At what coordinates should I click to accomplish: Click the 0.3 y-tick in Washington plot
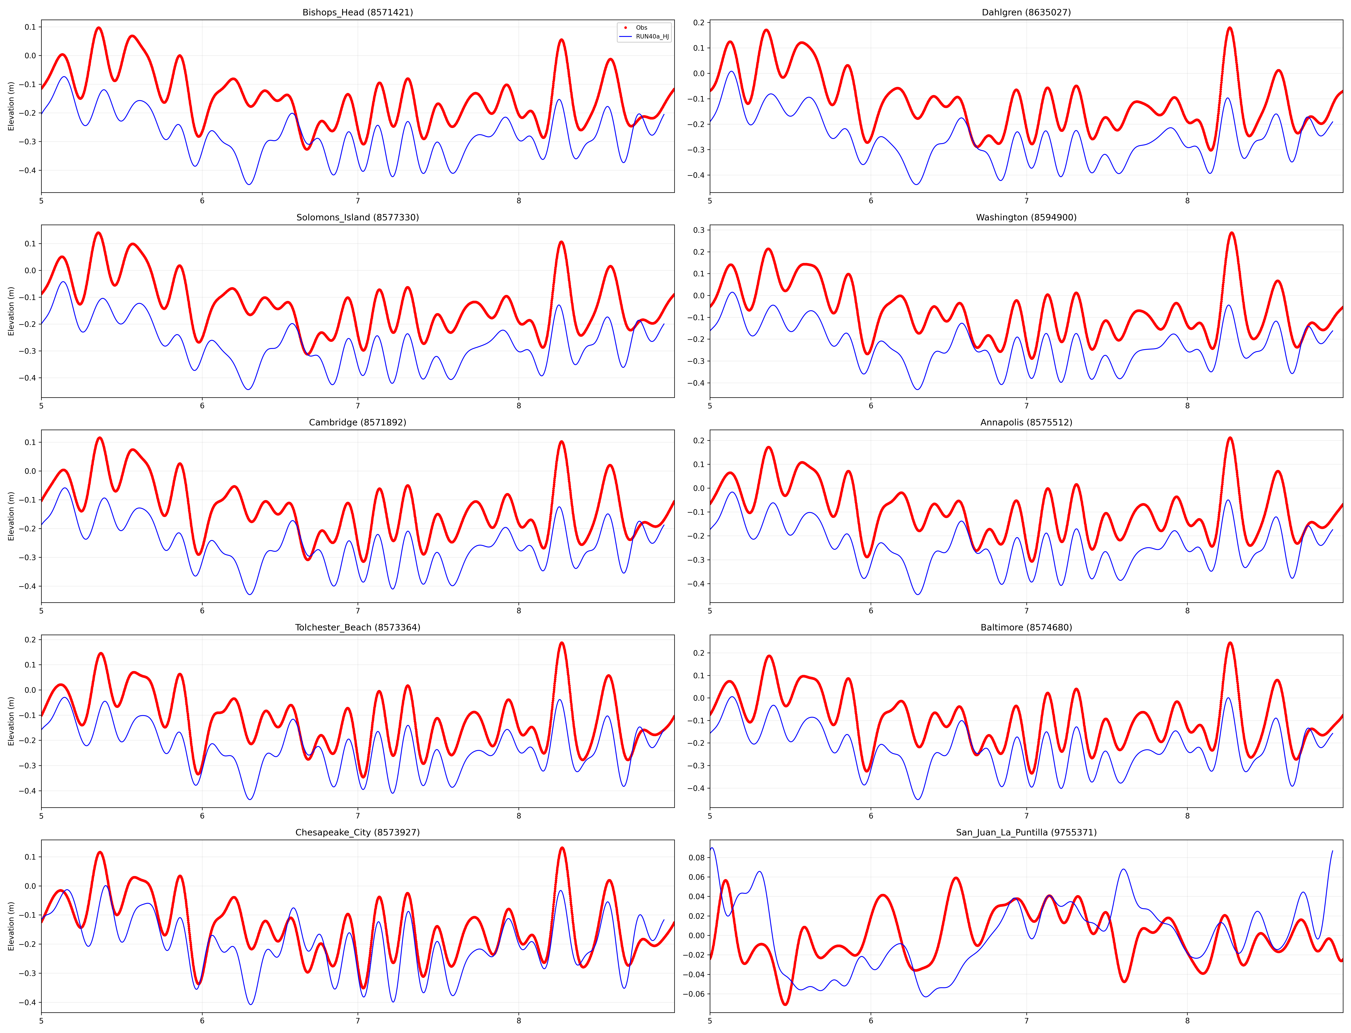pos(699,230)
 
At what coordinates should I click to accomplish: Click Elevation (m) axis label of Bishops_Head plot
pos(11,106)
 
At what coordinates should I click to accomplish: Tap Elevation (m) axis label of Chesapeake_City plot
pos(11,926)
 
